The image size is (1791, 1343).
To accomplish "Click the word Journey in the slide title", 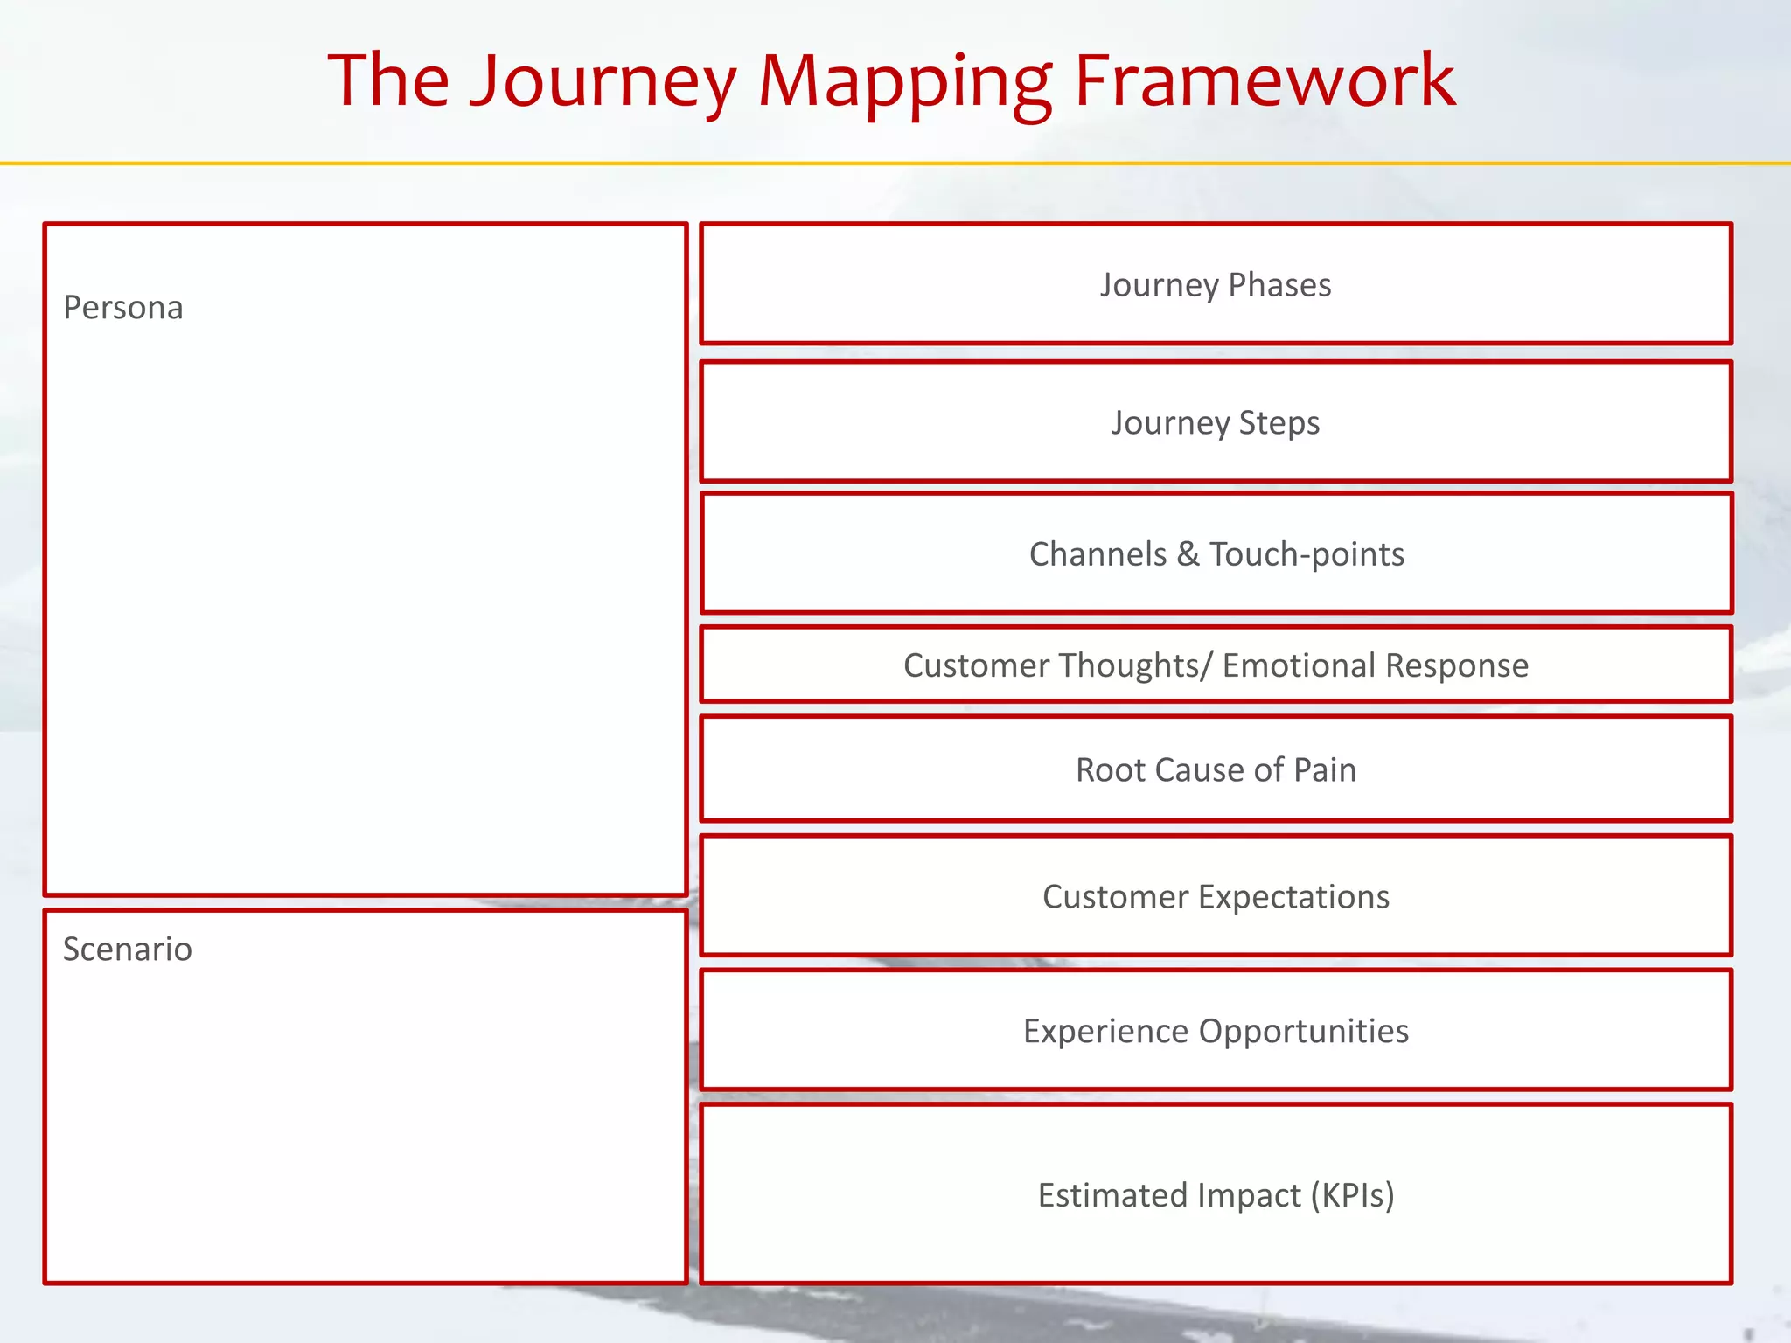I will [603, 83].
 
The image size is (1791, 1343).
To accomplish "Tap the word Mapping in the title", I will [905, 83].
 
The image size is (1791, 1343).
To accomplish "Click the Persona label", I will [123, 308].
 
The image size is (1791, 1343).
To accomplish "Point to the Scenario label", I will [128, 950].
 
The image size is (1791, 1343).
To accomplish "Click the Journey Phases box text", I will [1216, 285].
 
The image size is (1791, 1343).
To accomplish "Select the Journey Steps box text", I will [1216, 423].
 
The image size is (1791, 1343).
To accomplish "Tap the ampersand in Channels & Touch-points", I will [1188, 554].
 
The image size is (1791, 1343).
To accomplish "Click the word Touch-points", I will [1307, 554].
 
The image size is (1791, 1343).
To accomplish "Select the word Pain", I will [1325, 770].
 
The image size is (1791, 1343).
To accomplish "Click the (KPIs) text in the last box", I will [1352, 1195].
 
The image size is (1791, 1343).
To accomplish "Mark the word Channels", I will [1098, 554].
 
